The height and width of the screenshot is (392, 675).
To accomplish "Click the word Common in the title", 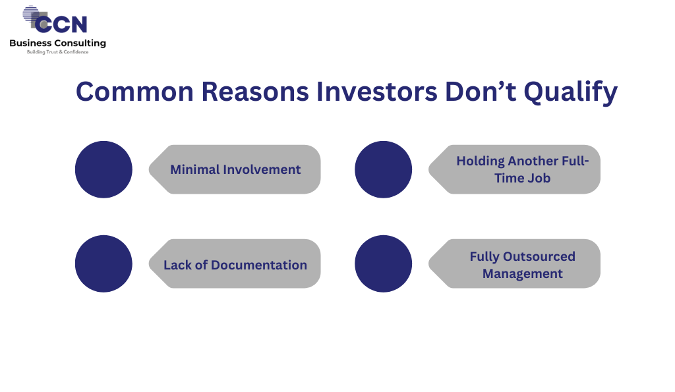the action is tap(134, 92).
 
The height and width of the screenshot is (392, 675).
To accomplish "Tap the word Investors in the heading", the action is tap(376, 92).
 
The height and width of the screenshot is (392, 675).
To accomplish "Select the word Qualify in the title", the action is tap(570, 93).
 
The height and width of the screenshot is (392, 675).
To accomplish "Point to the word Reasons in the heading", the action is tap(255, 92).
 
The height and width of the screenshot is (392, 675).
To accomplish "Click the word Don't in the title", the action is tap(481, 92).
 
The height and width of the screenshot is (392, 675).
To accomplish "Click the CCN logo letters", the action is tap(61, 24).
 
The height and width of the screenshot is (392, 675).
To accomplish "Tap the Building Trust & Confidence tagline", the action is tap(58, 52).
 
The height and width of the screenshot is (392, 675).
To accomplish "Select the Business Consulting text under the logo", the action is tap(58, 43).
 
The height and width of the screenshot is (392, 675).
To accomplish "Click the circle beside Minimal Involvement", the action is tap(103, 169).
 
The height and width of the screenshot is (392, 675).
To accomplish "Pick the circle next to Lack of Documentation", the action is tap(103, 264).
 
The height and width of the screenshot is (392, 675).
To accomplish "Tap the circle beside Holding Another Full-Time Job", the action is tap(384, 169).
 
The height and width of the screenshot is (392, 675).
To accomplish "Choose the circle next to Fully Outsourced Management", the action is tap(384, 264).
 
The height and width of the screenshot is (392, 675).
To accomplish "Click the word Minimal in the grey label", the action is tap(195, 169).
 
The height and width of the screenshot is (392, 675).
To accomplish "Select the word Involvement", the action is tap(262, 169).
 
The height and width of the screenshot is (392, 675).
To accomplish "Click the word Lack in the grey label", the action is tap(177, 265).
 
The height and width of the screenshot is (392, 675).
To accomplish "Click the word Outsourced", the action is tap(539, 256).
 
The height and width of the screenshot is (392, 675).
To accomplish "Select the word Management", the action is tap(523, 274).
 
